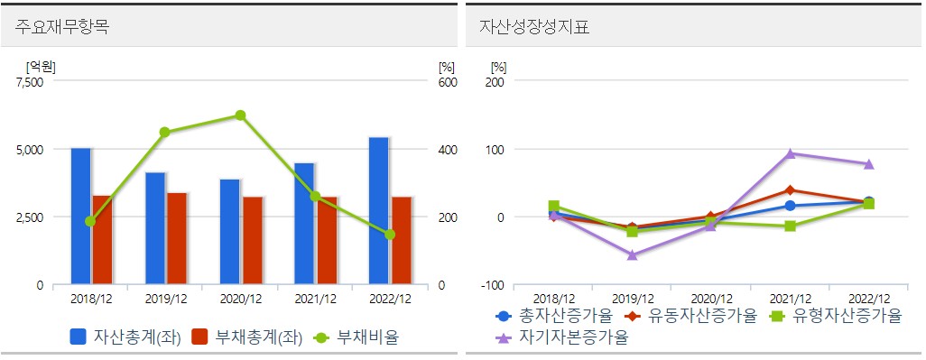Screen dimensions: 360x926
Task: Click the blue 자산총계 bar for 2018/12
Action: pos(81,217)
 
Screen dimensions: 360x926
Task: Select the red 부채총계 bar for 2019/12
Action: pos(177,238)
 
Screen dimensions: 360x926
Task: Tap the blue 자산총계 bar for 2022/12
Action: pos(379,211)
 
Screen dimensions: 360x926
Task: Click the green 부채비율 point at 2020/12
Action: pos(240,115)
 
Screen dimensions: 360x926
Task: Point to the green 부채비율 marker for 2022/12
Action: pos(390,235)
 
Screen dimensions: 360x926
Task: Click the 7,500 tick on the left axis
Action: pos(30,82)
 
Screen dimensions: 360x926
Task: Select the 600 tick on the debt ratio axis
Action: pos(448,82)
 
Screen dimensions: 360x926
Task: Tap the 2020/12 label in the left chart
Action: pos(240,299)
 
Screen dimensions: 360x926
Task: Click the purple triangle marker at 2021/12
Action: pos(791,153)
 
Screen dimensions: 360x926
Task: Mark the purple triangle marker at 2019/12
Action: pos(633,255)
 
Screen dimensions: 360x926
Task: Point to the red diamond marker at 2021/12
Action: pos(791,190)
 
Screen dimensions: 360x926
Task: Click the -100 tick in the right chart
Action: pos(493,285)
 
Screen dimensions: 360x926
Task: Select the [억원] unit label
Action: pos(41,65)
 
